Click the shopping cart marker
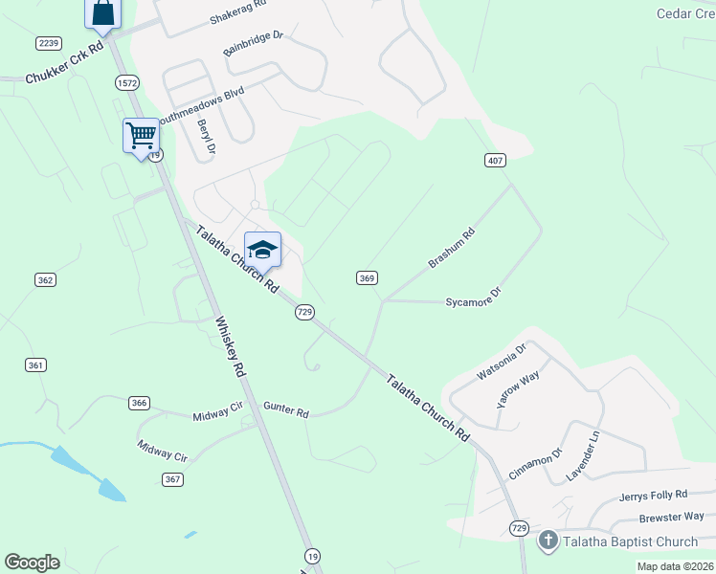(141, 135)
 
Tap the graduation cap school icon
(262, 250)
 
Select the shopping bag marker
(103, 13)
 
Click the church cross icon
(548, 541)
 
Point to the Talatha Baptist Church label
(630, 542)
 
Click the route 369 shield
(367, 277)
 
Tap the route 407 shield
(495, 160)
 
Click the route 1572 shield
(127, 83)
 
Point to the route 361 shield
(35, 364)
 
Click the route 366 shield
(140, 403)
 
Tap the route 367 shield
(172, 479)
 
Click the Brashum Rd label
(452, 248)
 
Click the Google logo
(32, 563)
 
